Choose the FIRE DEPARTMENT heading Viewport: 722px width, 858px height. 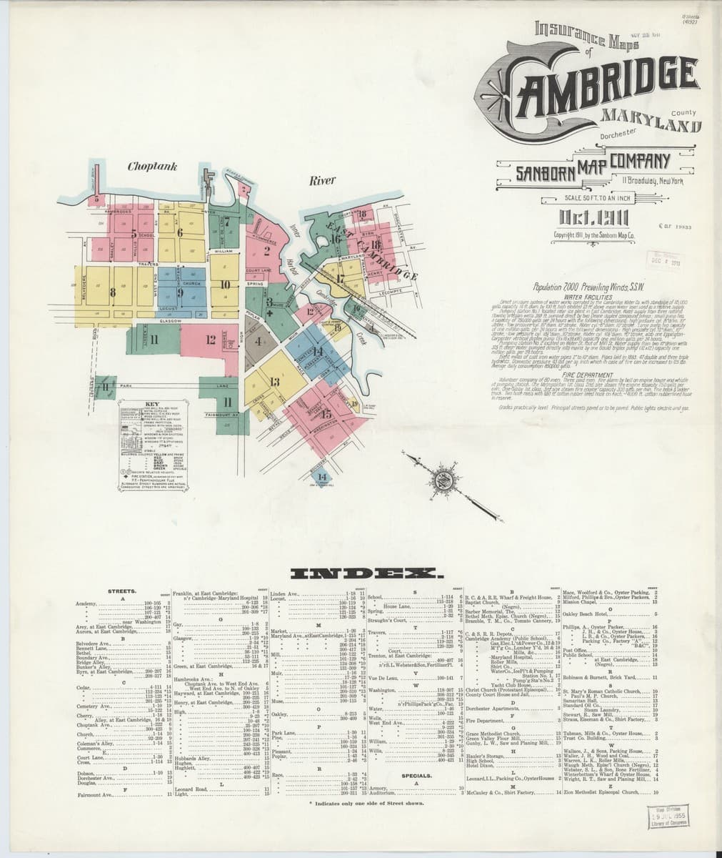pos(588,373)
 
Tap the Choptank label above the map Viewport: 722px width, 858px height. pos(152,167)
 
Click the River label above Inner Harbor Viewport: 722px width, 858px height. pos(322,181)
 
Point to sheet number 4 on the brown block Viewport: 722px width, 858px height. pos(259,341)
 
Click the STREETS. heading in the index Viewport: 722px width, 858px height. pos(122,591)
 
